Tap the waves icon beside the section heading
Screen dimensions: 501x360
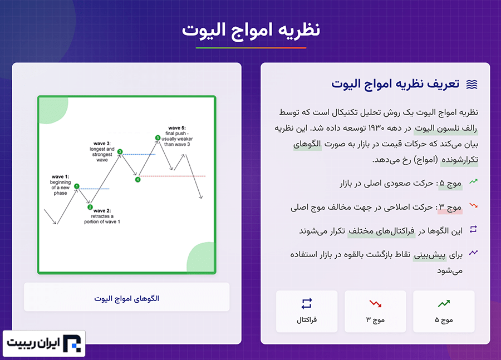[x=472, y=85]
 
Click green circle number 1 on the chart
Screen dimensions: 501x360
[x=77, y=186]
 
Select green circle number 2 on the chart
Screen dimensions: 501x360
[x=90, y=207]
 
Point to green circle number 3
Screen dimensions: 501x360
[x=120, y=151]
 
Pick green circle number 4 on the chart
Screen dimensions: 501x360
[x=137, y=180]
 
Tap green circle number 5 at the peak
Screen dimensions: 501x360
[x=158, y=137]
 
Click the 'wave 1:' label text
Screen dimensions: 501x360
[x=60, y=176]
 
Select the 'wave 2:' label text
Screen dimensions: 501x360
[x=102, y=211]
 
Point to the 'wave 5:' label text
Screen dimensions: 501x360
[x=176, y=128]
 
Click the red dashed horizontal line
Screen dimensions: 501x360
[x=173, y=176]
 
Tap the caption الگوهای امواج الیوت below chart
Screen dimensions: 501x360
[x=126, y=299]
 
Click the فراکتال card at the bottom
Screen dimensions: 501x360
[x=307, y=312]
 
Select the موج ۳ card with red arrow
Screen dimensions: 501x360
[x=375, y=312]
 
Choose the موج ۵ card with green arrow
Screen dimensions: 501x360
[x=444, y=312]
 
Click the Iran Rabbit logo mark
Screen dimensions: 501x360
[x=72, y=343]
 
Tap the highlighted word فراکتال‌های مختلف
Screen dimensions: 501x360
[x=381, y=231]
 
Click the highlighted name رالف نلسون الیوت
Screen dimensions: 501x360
[x=446, y=129]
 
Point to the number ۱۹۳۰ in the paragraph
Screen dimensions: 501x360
[x=376, y=128]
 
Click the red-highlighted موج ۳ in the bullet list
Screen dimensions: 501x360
[x=450, y=208]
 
